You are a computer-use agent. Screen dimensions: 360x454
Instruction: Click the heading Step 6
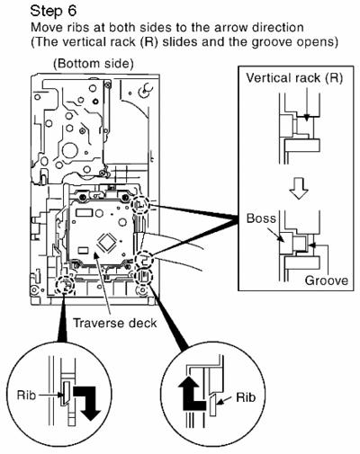click(53, 11)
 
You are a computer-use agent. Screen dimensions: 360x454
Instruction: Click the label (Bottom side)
click(94, 64)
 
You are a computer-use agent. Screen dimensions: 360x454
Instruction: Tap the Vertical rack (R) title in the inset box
click(294, 78)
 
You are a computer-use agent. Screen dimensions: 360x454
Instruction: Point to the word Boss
click(261, 218)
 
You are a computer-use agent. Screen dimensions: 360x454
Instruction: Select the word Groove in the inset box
click(327, 280)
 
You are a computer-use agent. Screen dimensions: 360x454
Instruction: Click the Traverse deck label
click(115, 323)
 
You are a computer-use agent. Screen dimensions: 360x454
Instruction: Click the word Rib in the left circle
click(26, 395)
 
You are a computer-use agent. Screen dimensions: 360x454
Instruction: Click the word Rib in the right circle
click(246, 397)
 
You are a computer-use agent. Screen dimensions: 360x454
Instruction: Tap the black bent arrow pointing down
click(86, 403)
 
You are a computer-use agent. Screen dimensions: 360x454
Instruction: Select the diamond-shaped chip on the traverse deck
click(105, 242)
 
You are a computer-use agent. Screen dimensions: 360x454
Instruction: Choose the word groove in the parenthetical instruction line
click(272, 42)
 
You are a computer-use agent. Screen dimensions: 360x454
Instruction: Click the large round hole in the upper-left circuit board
click(70, 150)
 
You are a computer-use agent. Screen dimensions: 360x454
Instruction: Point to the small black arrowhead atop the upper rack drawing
click(306, 119)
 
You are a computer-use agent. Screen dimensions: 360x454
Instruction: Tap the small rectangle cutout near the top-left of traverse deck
click(82, 213)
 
